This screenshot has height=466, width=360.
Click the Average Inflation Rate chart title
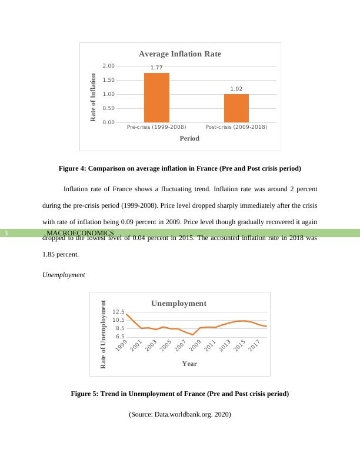point(180,54)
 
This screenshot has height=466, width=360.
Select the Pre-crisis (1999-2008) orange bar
point(156,98)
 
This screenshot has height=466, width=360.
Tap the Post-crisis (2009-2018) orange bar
point(236,108)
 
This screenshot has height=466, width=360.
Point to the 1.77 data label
point(156,68)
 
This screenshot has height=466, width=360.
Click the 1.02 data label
point(236,89)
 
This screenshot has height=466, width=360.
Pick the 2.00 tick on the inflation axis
point(108,66)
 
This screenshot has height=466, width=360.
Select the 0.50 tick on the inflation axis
point(108,108)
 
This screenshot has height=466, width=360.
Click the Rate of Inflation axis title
point(93,97)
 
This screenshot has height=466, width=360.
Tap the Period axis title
point(189,138)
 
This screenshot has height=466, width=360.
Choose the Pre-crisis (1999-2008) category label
point(156,127)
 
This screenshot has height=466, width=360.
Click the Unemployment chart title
point(179,304)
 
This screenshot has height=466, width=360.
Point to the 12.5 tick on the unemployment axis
point(119,312)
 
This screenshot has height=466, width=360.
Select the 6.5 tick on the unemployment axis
point(119,337)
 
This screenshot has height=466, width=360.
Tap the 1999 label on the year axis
point(120,346)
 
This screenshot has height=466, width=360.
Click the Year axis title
point(189,364)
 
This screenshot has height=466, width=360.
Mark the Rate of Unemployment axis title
point(104,334)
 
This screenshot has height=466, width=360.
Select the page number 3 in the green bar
point(6,234)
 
